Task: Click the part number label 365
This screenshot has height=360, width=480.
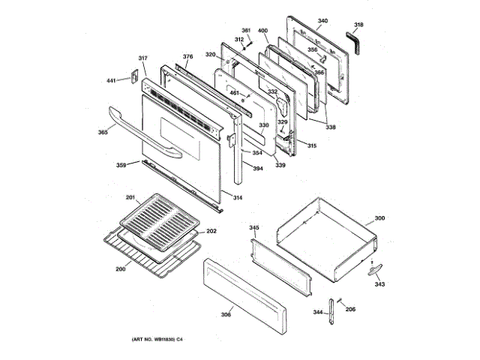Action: pyautogui.click(x=102, y=133)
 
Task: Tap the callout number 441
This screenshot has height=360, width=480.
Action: pyautogui.click(x=111, y=80)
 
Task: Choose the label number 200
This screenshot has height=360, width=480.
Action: pyautogui.click(x=120, y=268)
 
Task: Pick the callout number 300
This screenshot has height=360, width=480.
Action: pyautogui.click(x=379, y=218)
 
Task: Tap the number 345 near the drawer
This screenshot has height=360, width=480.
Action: pyautogui.click(x=254, y=227)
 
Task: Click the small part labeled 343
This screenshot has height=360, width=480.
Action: pyautogui.click(x=375, y=271)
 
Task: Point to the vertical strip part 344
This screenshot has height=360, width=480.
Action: pyautogui.click(x=330, y=313)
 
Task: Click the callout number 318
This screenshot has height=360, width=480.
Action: pyautogui.click(x=358, y=25)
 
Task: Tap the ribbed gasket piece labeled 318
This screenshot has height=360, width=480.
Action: pyautogui.click(x=355, y=41)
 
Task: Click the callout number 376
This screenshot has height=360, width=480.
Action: pyautogui.click(x=187, y=56)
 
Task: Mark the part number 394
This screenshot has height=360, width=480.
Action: pyautogui.click(x=257, y=169)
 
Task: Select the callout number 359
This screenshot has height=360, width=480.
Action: pyautogui.click(x=121, y=165)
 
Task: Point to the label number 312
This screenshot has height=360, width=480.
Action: pyautogui.click(x=239, y=39)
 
